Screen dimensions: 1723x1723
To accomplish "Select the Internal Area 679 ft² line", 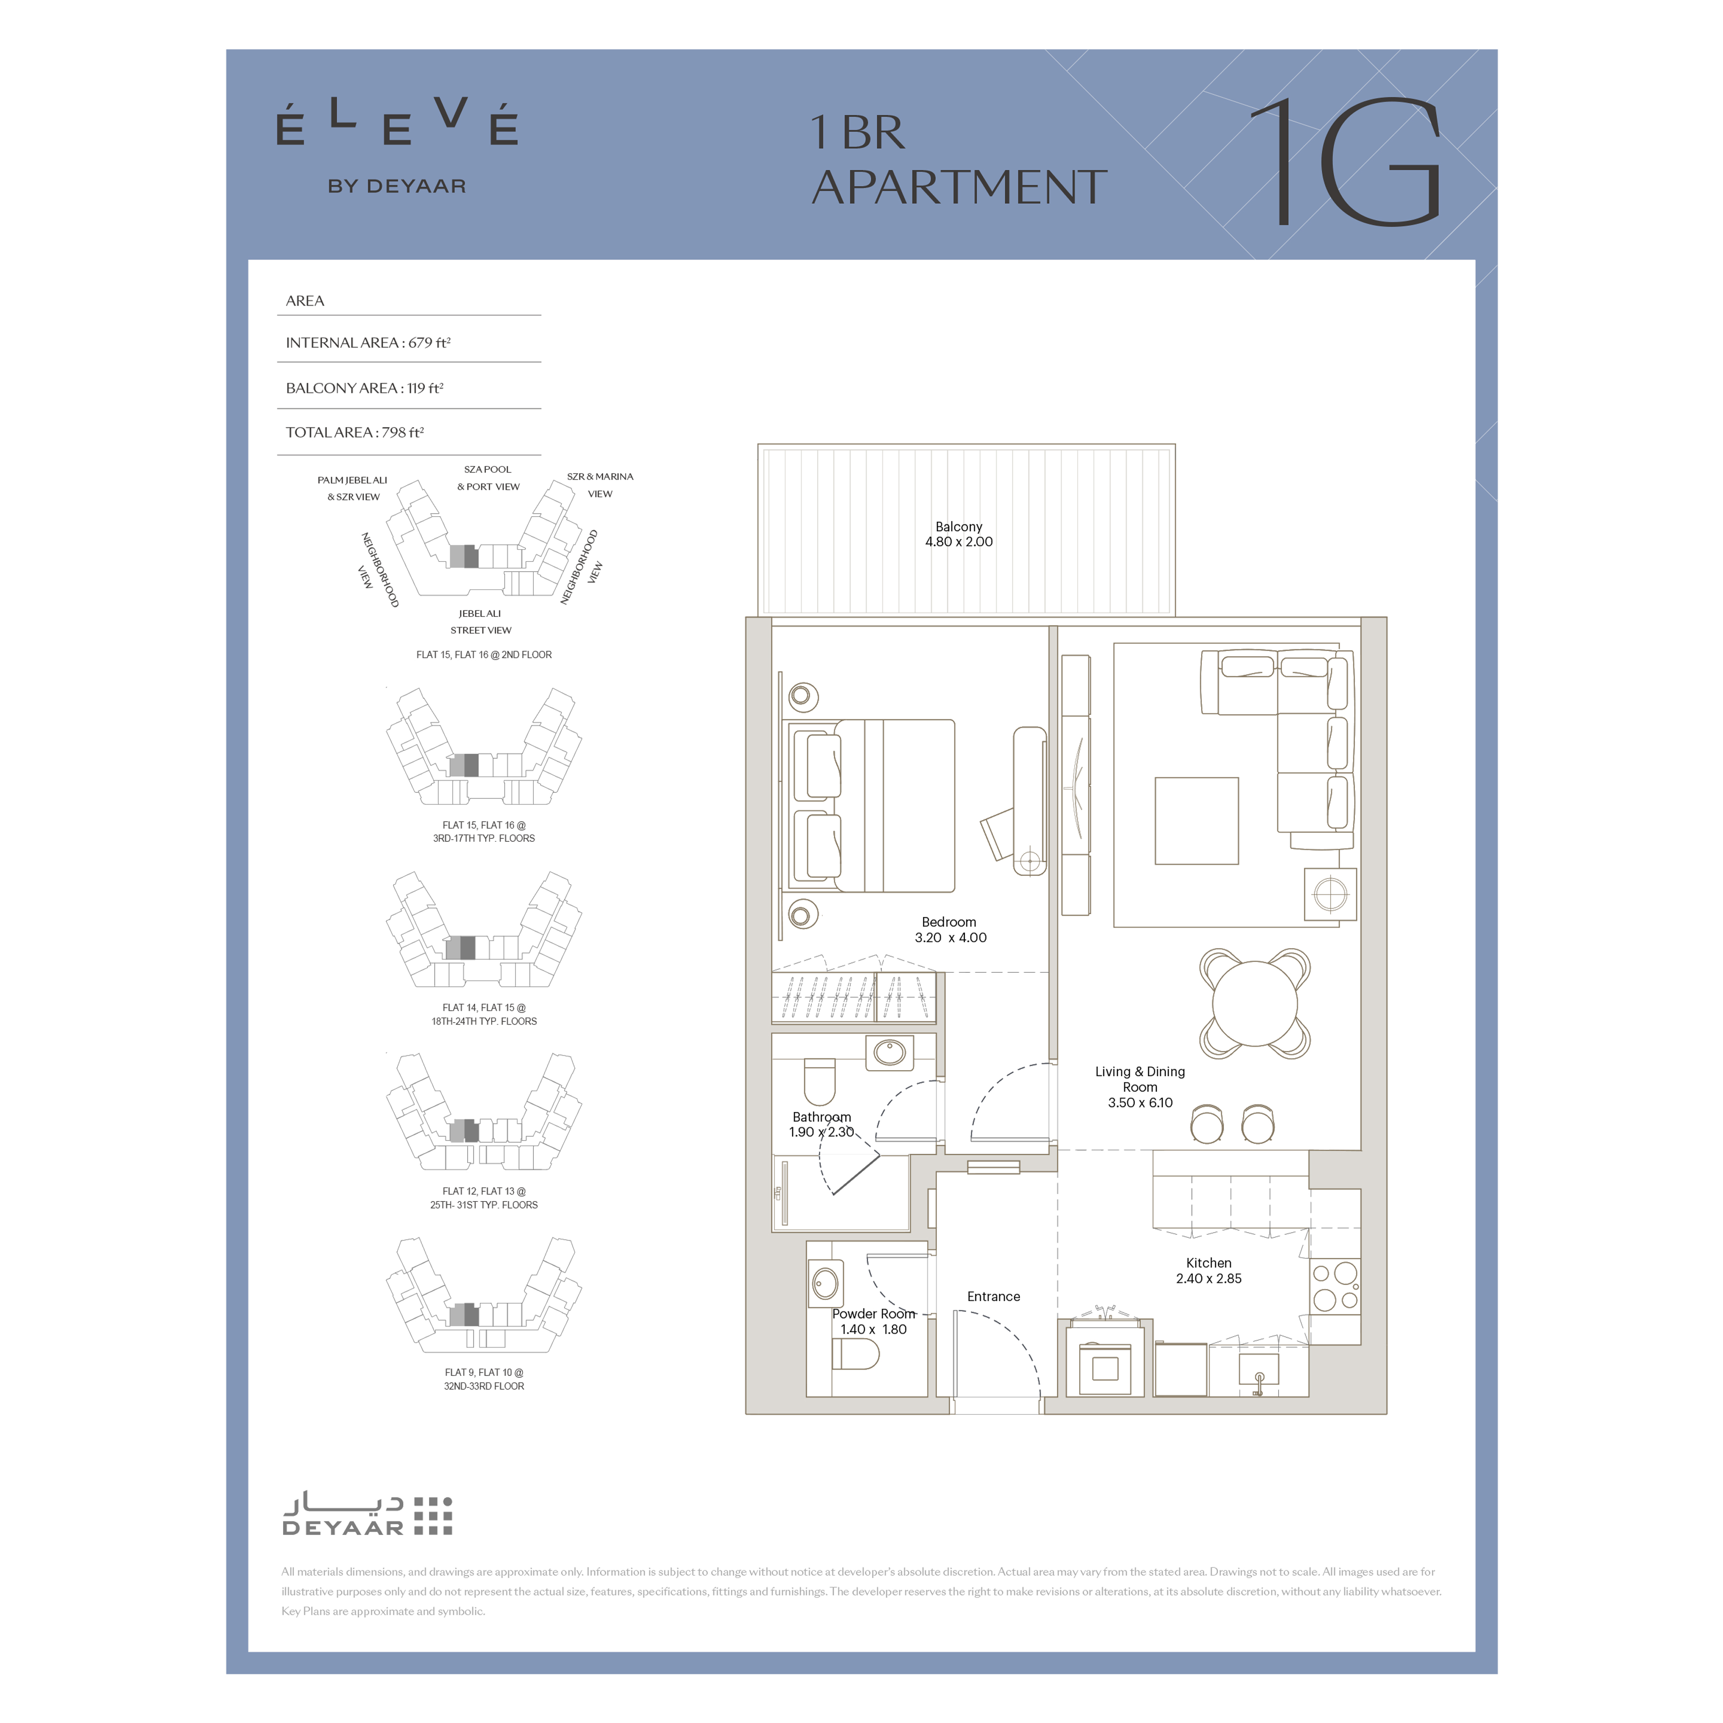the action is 368,343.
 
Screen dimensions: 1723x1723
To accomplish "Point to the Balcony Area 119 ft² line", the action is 365,388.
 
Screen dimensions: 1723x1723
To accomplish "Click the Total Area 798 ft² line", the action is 355,433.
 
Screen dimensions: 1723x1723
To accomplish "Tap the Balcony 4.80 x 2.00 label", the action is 958,534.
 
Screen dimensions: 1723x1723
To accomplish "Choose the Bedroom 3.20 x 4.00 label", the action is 950,929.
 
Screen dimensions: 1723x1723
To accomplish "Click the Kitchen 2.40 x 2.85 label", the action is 1209,1271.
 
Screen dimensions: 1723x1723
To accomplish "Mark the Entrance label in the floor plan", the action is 993,1297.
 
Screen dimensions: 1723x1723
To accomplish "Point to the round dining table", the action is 1255,1003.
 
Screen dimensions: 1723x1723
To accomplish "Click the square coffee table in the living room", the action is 1197,821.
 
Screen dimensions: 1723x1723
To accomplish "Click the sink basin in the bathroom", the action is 889,1053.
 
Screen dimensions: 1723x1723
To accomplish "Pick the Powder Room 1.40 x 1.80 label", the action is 874,1322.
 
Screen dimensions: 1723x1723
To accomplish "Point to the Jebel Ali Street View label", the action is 480,622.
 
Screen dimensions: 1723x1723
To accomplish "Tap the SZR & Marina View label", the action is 600,485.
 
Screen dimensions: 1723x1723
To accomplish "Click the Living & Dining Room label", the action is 1140,1086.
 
